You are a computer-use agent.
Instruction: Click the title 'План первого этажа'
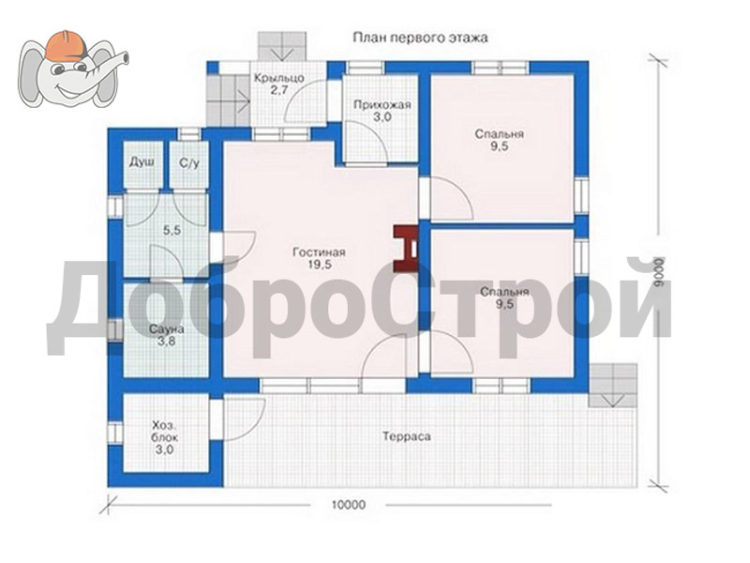[x=420, y=38]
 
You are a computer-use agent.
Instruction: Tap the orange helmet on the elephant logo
[x=66, y=46]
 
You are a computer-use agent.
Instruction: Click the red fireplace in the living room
[x=406, y=250]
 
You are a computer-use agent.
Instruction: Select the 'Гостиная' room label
[x=319, y=252]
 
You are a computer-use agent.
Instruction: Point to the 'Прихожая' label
[x=382, y=105]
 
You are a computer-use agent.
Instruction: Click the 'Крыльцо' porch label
[x=278, y=78]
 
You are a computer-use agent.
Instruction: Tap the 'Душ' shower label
[x=142, y=162]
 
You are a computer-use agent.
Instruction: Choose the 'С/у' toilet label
[x=189, y=163]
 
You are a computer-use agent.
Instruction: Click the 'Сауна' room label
[x=167, y=329]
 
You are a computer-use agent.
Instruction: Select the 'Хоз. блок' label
[x=165, y=432]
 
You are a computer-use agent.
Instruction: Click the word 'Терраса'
[x=407, y=436]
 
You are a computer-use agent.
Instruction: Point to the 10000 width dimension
[x=348, y=505]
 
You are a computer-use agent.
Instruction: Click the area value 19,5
[x=320, y=265]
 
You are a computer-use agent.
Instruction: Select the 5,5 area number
[x=172, y=230]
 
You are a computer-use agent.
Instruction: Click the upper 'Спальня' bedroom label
[x=500, y=134]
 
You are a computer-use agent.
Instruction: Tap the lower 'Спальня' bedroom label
[x=504, y=292]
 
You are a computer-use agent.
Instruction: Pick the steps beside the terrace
[x=613, y=386]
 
